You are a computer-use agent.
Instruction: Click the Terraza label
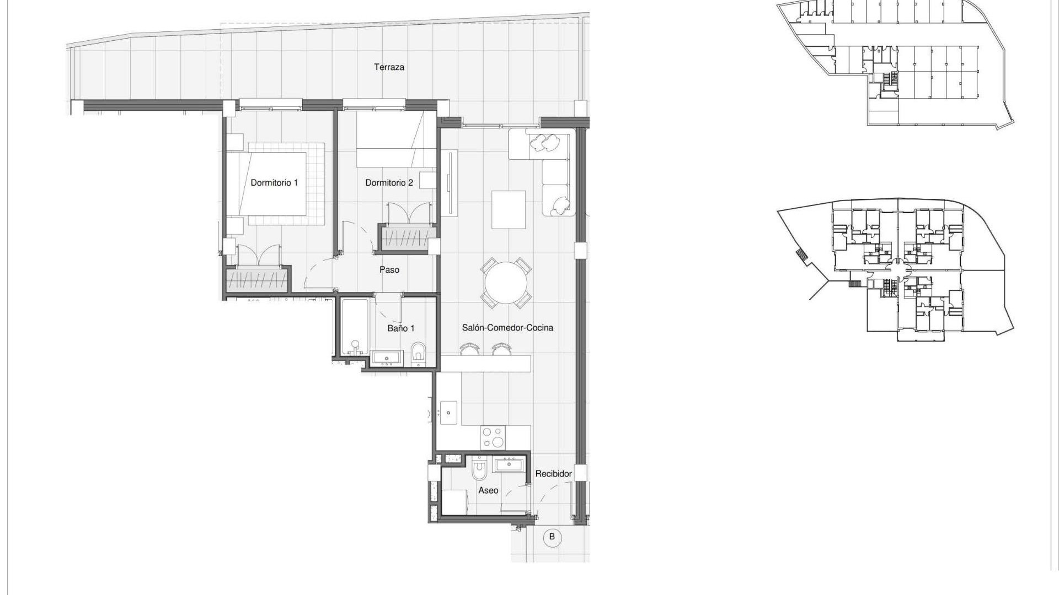click(x=389, y=67)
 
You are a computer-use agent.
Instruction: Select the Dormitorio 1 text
click(x=274, y=182)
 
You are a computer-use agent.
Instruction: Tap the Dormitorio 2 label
click(x=389, y=182)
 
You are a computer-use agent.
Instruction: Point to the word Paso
click(x=389, y=270)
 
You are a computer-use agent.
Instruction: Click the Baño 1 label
click(x=400, y=328)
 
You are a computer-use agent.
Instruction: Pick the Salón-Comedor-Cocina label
click(x=507, y=328)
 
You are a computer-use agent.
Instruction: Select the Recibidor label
click(x=553, y=474)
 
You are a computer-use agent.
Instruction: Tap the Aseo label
click(x=488, y=490)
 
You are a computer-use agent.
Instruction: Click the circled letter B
click(x=552, y=537)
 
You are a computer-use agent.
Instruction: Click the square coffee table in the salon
click(x=509, y=209)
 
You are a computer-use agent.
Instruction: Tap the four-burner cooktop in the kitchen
click(x=493, y=438)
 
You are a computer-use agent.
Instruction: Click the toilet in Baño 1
click(x=419, y=353)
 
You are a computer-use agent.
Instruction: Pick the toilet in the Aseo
click(x=479, y=469)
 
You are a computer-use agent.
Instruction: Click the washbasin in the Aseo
click(x=509, y=464)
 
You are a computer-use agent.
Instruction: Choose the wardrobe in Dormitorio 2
click(x=405, y=237)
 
